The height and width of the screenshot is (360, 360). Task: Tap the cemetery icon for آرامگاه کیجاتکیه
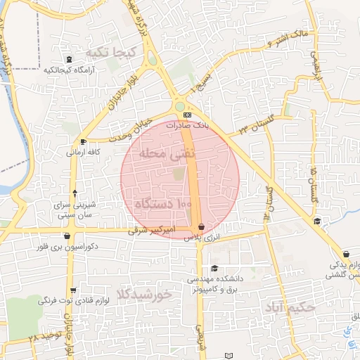(68, 59)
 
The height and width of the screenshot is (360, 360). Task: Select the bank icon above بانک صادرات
(186, 114)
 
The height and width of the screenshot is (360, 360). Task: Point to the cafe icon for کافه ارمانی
(84, 141)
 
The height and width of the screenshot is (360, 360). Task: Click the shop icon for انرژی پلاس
(202, 227)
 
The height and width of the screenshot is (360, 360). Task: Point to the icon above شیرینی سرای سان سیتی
(75, 192)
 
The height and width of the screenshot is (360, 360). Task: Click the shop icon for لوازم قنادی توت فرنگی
(73, 290)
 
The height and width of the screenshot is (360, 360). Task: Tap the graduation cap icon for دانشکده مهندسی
(214, 268)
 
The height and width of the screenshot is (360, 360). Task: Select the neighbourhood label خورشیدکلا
(145, 296)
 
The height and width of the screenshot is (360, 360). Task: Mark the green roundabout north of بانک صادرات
(181, 106)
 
